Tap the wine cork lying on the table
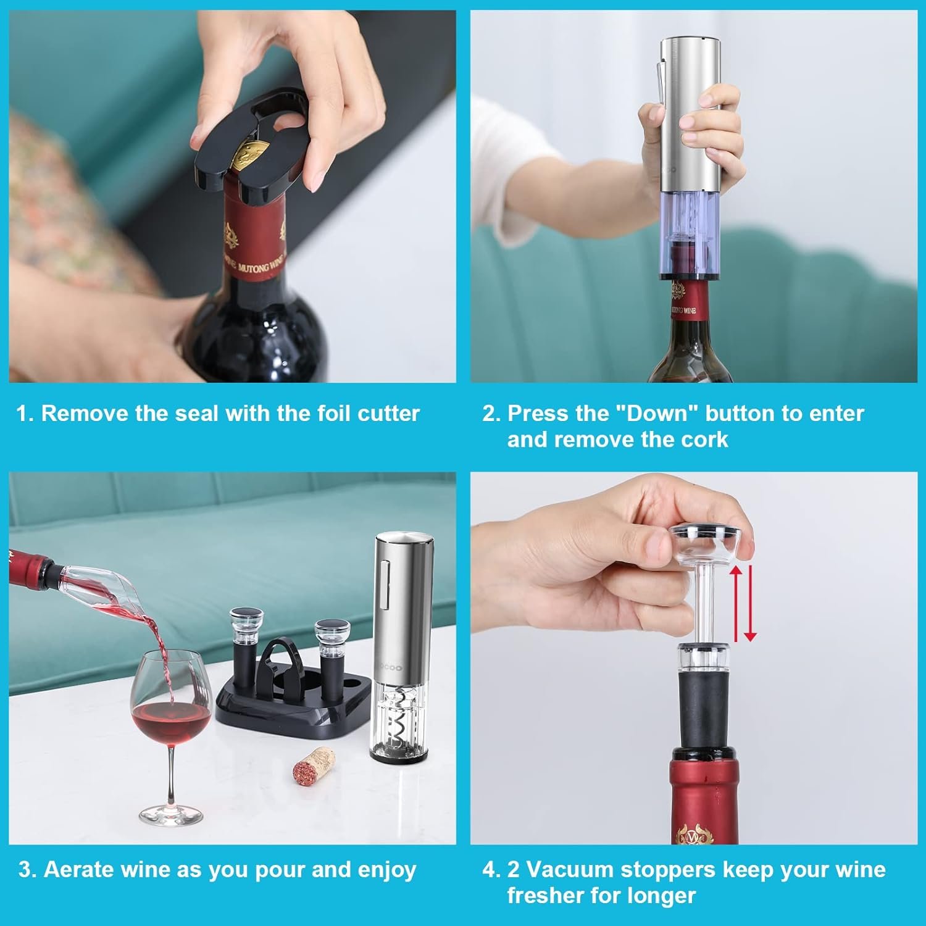click(313, 765)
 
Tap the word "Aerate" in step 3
click(79, 870)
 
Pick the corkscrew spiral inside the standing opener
click(400, 716)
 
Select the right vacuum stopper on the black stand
click(332, 654)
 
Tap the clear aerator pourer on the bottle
click(93, 583)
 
